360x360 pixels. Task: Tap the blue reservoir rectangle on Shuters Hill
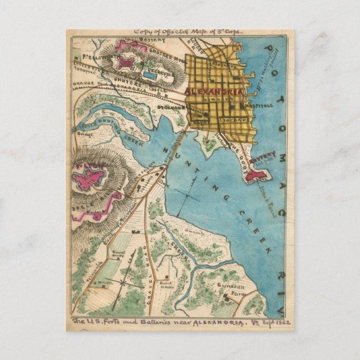149,74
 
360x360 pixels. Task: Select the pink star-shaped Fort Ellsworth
127,64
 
